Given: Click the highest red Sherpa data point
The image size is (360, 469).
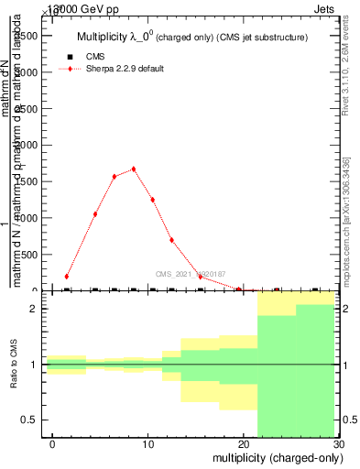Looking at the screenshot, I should [x=134, y=169].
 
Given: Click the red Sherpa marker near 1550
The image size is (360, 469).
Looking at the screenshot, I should [x=115, y=177].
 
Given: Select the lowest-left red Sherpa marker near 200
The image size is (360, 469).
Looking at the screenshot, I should [x=67, y=276].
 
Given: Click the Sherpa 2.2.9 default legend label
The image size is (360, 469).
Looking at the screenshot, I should [x=125, y=69].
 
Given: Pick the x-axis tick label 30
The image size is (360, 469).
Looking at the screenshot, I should [x=338, y=443].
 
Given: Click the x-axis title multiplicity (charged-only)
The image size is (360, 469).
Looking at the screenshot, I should [x=275, y=457].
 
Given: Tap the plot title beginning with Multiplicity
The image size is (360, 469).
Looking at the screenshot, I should [x=190, y=37].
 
